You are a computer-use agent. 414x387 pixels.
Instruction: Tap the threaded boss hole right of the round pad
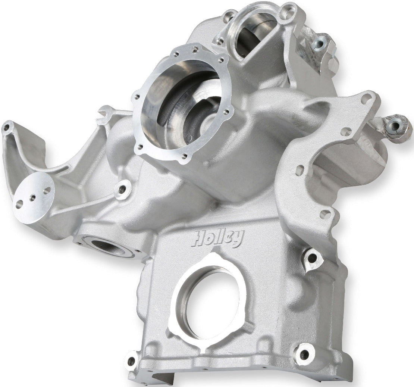point(122,189)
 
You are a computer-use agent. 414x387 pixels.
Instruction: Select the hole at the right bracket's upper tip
point(367,97)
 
